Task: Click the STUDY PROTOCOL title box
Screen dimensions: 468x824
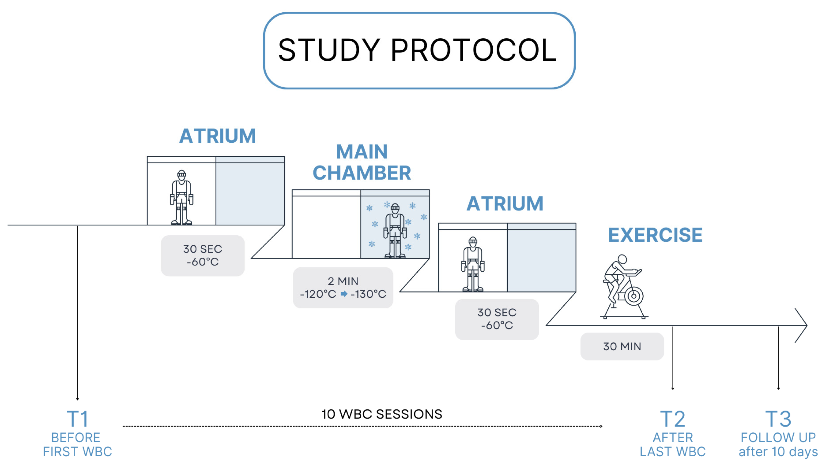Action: [x=419, y=50]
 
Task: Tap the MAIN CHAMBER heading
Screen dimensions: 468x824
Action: [x=361, y=162]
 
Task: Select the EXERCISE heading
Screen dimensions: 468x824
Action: [x=655, y=235]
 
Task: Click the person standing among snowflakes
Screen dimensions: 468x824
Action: [x=395, y=231]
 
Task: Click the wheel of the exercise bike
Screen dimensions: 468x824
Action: [x=633, y=296]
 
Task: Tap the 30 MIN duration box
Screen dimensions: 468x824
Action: [x=622, y=347]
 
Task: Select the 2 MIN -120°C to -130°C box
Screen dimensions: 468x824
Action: [x=343, y=288]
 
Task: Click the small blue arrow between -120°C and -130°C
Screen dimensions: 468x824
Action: [x=344, y=294]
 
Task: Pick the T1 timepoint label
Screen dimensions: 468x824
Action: [x=77, y=419]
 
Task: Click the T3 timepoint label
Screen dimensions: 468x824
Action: [x=778, y=419]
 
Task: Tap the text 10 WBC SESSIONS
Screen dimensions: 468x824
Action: [x=382, y=414]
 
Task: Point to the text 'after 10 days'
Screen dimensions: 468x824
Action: [x=778, y=452]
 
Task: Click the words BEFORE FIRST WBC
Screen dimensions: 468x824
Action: [x=77, y=445]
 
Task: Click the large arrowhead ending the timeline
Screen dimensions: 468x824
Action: [x=804, y=325]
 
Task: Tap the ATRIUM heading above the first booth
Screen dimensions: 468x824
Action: [x=217, y=136]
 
